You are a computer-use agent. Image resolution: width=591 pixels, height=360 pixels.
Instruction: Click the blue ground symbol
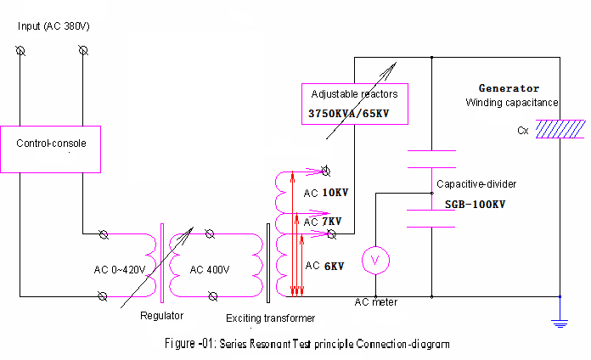pos(560,323)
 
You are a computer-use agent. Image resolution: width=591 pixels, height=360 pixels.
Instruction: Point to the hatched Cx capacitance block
pos(560,129)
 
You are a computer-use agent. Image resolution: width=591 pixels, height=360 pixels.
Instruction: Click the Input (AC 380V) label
pos(53,26)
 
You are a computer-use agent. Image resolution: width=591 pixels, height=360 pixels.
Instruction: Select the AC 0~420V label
pos(120,269)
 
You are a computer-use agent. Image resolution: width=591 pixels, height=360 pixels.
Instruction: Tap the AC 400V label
pos(210,269)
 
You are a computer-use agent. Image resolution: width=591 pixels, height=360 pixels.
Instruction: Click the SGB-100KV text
pos(475,205)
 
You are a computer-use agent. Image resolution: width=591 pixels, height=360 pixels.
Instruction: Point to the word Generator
pos(509,88)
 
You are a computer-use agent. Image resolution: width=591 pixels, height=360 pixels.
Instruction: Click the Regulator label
pos(161,316)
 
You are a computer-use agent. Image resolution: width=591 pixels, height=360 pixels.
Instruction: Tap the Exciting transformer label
pos(270,318)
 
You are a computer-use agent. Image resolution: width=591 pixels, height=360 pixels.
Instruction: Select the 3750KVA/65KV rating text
pos(349,114)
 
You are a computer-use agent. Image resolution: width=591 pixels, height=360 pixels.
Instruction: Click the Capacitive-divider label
pos(476,184)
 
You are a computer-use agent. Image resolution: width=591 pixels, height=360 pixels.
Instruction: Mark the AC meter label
pos(376,302)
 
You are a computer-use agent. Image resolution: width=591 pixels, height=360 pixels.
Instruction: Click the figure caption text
pos(307,344)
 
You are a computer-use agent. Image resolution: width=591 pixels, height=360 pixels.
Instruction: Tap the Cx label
pos(523,131)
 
